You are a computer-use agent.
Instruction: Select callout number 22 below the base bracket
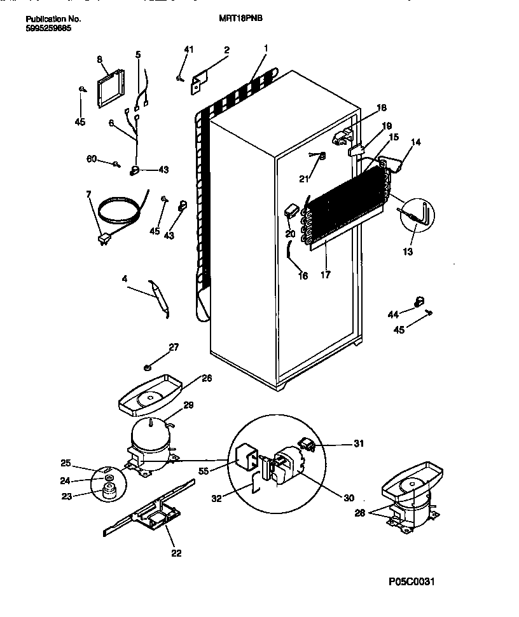point(176,553)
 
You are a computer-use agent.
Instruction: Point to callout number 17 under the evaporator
point(326,275)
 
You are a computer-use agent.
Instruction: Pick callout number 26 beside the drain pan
point(207,378)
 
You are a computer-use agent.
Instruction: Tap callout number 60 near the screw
point(92,159)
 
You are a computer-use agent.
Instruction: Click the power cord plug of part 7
point(102,240)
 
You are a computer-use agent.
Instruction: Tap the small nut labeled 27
point(148,367)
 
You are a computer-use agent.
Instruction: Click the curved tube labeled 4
point(159,295)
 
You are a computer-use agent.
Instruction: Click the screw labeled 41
point(180,78)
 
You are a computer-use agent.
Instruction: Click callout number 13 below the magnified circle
point(407,252)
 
